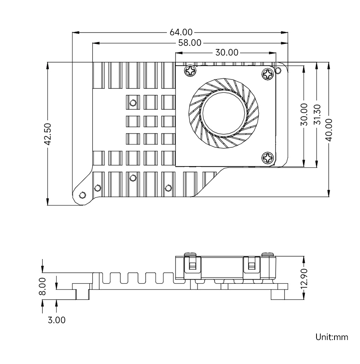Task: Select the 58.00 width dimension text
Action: pos(190,43)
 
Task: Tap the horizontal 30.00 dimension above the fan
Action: pos(226,52)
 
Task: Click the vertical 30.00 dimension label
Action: pos(304,114)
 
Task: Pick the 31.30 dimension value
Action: pos(316,114)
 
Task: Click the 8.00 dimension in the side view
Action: pos(42,286)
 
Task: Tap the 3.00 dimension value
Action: pos(57,320)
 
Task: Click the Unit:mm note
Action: pos(331,337)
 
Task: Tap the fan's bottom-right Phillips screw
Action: pos(268,158)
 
